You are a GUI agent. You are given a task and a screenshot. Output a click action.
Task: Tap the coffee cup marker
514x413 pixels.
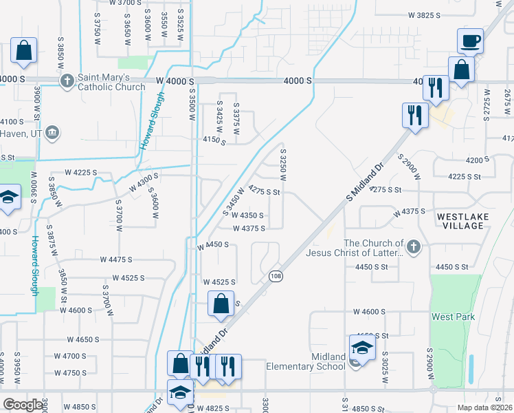[x=470, y=42]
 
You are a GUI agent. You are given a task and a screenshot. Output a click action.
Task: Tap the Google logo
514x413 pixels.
[x=22, y=405]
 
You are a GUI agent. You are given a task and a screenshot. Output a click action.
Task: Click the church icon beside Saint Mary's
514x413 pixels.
[x=67, y=82]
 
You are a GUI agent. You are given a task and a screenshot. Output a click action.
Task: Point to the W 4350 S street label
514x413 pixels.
[x=245, y=215]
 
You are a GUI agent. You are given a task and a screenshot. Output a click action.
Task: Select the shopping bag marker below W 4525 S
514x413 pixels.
[x=220, y=303]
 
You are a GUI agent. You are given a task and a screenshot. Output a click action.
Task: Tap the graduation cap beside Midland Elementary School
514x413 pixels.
[x=362, y=348]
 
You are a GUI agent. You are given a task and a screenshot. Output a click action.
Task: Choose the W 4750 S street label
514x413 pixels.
[x=67, y=372]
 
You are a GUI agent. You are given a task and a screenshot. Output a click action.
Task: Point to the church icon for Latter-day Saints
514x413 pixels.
[x=413, y=246]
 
